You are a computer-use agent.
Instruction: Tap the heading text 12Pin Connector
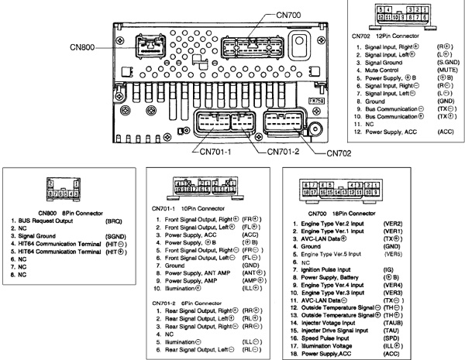click(x=401, y=36)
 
